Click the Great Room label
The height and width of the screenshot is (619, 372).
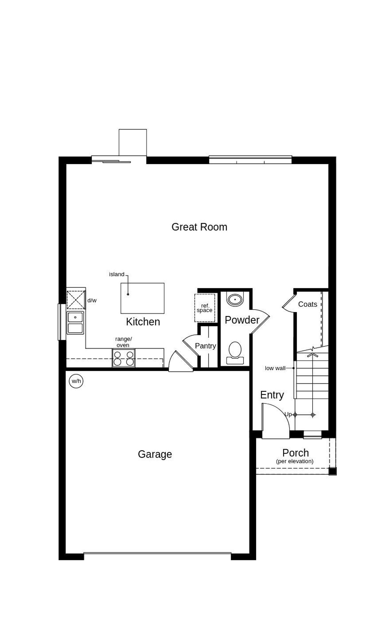(x=199, y=227)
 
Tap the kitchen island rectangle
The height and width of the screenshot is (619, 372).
(x=142, y=298)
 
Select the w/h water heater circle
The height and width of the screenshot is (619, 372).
(x=76, y=381)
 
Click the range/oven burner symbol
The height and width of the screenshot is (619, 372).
(x=124, y=358)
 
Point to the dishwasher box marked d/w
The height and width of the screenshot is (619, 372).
(x=76, y=299)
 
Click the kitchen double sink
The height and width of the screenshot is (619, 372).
(x=75, y=323)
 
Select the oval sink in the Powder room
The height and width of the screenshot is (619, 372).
(x=235, y=299)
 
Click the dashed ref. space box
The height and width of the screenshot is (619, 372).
(x=205, y=308)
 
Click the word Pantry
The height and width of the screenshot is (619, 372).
(x=205, y=346)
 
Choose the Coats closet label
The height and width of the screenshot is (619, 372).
(x=307, y=304)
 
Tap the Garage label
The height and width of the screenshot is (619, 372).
(x=155, y=454)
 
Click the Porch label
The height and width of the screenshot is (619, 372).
(x=295, y=453)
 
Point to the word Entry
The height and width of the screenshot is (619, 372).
(x=272, y=395)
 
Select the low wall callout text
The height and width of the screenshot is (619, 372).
(x=275, y=368)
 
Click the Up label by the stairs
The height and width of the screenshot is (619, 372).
(x=288, y=414)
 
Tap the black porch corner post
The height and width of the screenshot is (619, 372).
(x=332, y=471)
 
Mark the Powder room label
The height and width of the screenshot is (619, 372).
(x=242, y=320)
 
